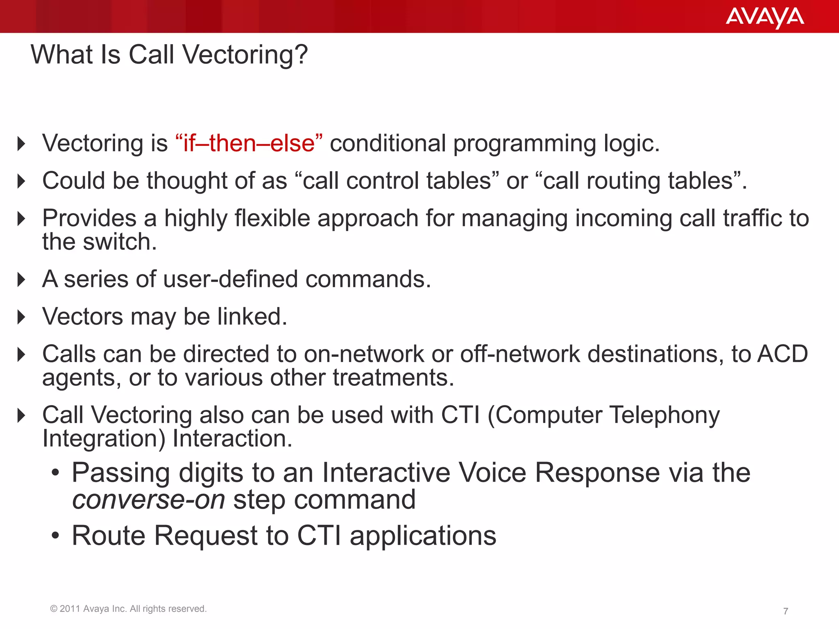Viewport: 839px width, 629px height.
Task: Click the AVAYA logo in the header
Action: [x=764, y=17]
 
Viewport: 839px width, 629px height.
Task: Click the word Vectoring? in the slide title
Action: [x=245, y=54]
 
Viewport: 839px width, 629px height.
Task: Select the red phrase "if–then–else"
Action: [x=249, y=143]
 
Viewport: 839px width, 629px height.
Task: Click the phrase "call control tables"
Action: [x=397, y=181]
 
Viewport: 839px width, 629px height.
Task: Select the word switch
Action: [x=120, y=242]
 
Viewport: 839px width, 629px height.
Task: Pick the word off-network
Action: [x=520, y=354]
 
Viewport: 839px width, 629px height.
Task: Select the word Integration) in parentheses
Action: [x=104, y=439]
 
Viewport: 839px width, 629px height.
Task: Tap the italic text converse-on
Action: [x=149, y=500]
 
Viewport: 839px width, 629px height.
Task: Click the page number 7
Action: [x=785, y=611]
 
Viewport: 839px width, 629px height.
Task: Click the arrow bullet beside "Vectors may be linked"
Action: [x=22, y=317]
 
